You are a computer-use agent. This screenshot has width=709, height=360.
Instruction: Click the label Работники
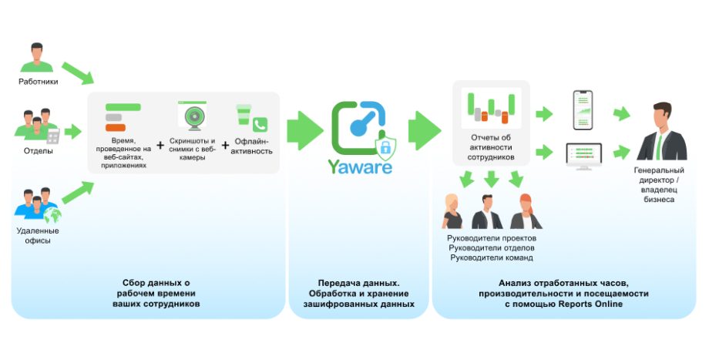tap(39, 82)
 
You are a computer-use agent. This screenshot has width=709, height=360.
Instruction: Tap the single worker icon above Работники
tap(38, 57)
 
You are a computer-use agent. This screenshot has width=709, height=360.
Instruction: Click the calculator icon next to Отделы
tap(52, 137)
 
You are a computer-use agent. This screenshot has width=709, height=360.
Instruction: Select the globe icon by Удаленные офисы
tap(52, 214)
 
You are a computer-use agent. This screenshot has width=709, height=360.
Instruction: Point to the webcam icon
tap(192, 116)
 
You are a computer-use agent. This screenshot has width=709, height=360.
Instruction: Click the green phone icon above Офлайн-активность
tap(260, 124)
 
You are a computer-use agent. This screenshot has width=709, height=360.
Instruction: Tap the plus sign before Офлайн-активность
tap(226, 145)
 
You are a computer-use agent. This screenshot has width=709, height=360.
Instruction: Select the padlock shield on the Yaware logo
tap(382, 146)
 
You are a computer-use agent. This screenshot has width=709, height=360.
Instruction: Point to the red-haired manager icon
tap(526, 211)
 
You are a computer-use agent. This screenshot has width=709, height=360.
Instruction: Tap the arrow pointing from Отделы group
tap(73, 132)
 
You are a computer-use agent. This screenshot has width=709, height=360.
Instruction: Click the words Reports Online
tap(593, 304)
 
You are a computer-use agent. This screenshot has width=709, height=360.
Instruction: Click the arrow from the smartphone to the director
tap(621, 114)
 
